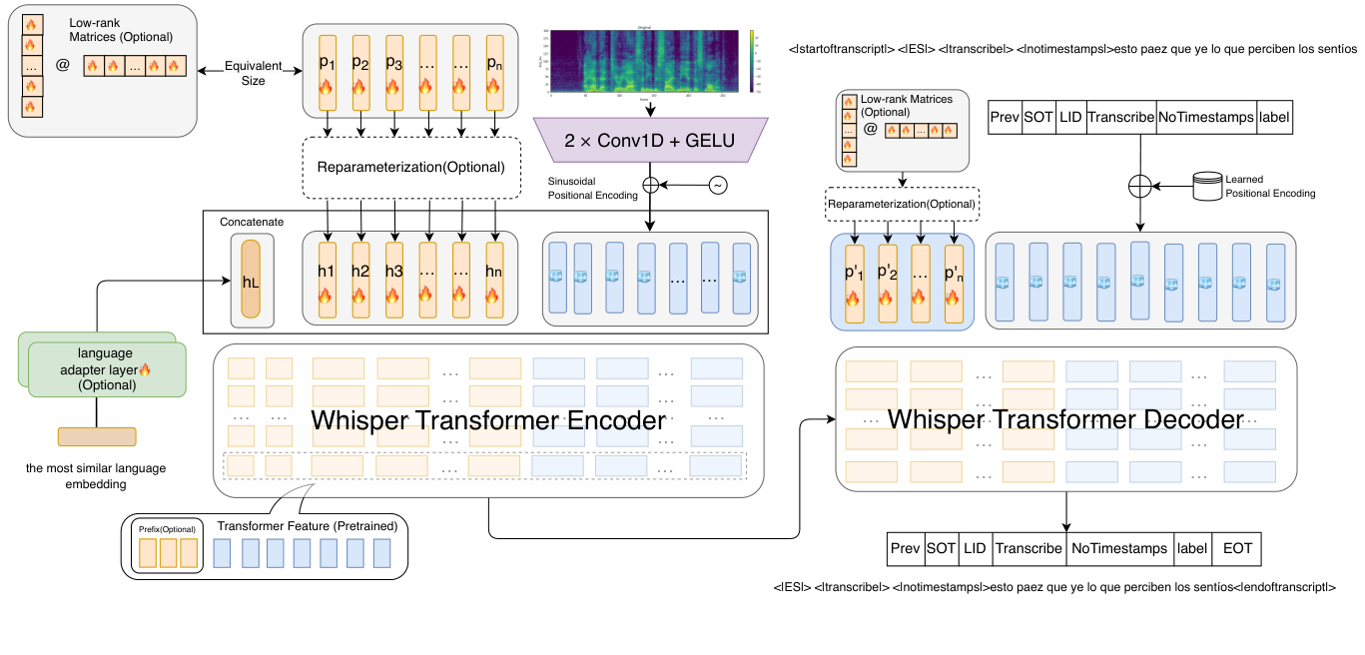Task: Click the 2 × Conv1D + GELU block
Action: coord(649,141)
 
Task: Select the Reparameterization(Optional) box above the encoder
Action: coord(411,167)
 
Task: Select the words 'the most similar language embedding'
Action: coord(97,476)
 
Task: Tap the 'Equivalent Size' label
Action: coord(254,73)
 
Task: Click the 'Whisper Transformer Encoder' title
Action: coord(488,420)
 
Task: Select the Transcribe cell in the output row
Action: coord(1028,548)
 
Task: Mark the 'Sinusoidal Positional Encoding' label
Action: coord(593,188)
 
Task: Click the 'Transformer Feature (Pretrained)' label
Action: coord(308,526)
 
